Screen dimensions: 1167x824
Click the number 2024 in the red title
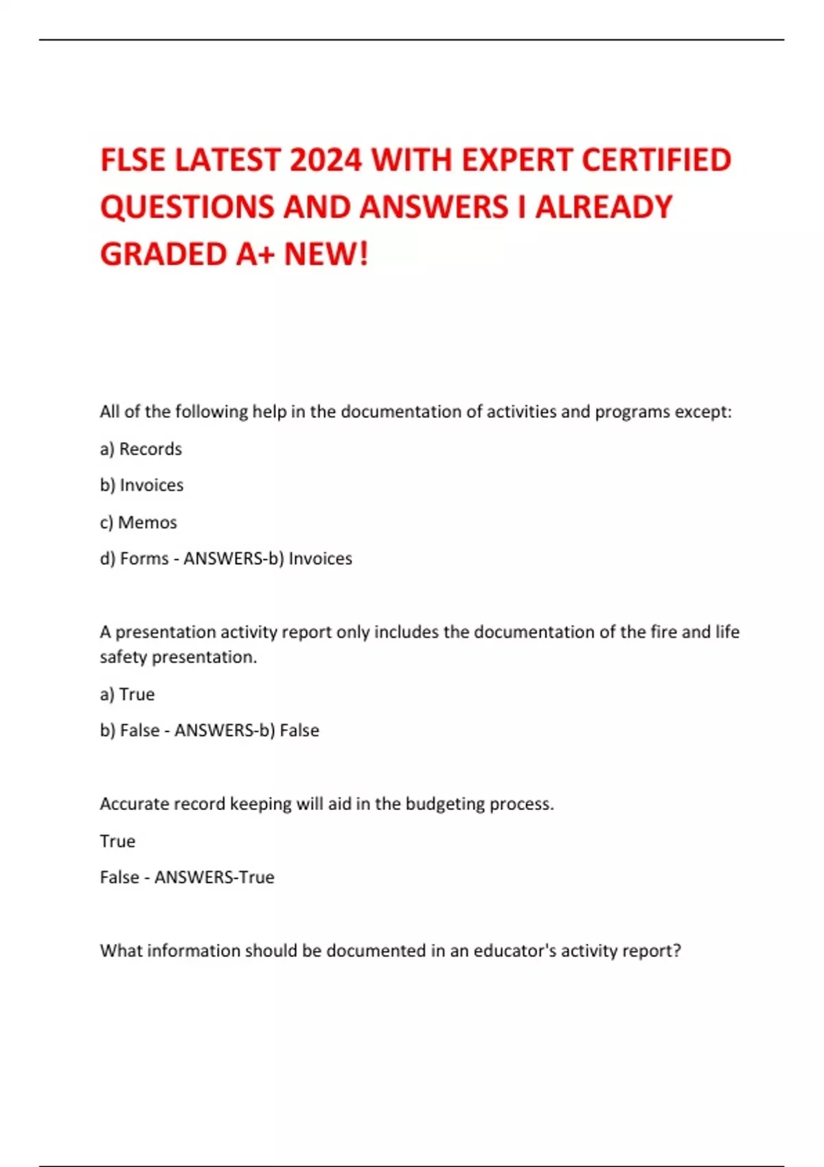tap(325, 160)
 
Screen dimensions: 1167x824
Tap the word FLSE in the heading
tap(133, 160)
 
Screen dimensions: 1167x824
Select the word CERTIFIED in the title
tap(656, 160)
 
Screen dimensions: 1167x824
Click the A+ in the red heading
tap(255, 254)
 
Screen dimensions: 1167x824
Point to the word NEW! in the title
tap(326, 254)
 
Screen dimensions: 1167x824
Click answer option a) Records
tap(141, 449)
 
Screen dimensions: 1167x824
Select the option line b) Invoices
tap(141, 485)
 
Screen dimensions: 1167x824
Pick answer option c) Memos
tap(138, 522)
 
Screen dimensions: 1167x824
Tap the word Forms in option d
tap(144, 559)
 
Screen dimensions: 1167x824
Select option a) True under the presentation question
tap(127, 694)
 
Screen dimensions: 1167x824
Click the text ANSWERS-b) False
tap(247, 730)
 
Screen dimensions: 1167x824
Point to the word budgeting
tap(445, 804)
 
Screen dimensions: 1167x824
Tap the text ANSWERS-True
tap(214, 877)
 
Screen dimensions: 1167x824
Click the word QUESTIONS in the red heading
tap(187, 207)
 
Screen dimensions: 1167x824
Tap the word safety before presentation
tap(123, 657)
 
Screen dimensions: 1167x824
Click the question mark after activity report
tap(677, 951)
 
